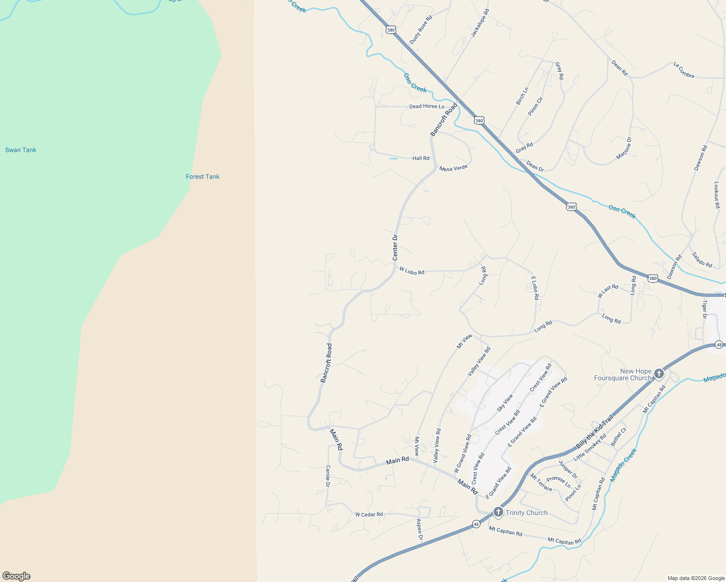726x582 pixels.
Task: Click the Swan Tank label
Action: pyautogui.click(x=21, y=150)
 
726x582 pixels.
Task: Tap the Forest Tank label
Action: pyautogui.click(x=202, y=177)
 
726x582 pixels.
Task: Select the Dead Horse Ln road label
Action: pyautogui.click(x=427, y=106)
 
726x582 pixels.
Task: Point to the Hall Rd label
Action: pyautogui.click(x=421, y=158)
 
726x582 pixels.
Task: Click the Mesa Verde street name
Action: pyautogui.click(x=453, y=168)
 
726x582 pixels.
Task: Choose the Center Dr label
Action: pyautogui.click(x=395, y=247)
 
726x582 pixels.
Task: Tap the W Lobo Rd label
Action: pyautogui.click(x=412, y=271)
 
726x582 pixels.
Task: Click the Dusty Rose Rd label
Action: pyautogui.click(x=421, y=30)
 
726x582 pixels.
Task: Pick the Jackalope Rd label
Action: pyautogui.click(x=480, y=23)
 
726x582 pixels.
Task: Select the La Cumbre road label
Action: pyautogui.click(x=684, y=70)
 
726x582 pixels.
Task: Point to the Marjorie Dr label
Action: pyautogui.click(x=624, y=148)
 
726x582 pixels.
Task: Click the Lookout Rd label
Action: pyautogui.click(x=717, y=195)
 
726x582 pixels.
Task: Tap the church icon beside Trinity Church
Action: pyautogui.click(x=498, y=512)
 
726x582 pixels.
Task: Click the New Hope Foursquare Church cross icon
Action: pyautogui.click(x=659, y=373)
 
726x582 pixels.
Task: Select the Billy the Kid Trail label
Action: pyautogui.click(x=595, y=432)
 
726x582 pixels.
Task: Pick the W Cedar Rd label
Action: pyautogui.click(x=369, y=515)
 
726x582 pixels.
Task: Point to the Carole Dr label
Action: pyautogui.click(x=328, y=476)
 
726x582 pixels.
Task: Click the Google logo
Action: pyautogui.click(x=16, y=576)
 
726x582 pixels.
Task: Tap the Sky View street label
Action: pyautogui.click(x=505, y=403)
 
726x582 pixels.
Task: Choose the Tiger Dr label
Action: pyautogui.click(x=705, y=309)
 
